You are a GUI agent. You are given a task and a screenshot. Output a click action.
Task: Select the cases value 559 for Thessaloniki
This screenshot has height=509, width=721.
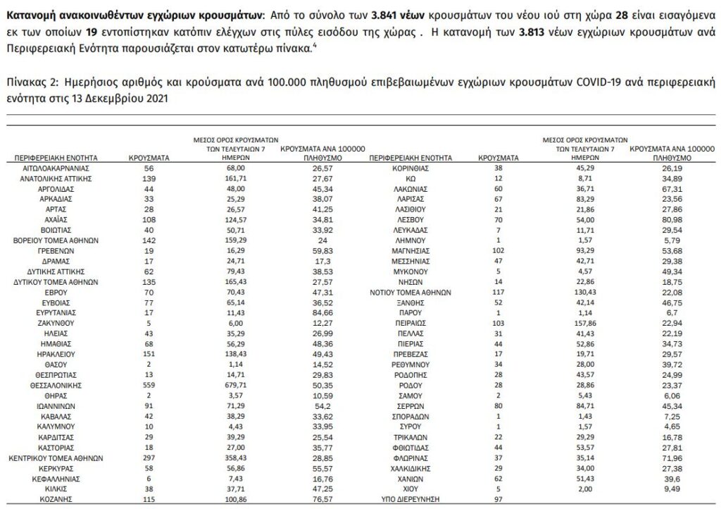(149, 386)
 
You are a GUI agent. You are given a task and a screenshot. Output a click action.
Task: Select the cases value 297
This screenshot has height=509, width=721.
(149, 456)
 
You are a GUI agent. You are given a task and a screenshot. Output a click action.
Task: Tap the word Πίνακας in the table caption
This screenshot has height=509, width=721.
(25, 82)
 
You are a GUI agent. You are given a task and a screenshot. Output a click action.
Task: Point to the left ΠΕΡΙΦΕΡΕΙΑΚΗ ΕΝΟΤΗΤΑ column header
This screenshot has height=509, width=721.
(59, 159)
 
